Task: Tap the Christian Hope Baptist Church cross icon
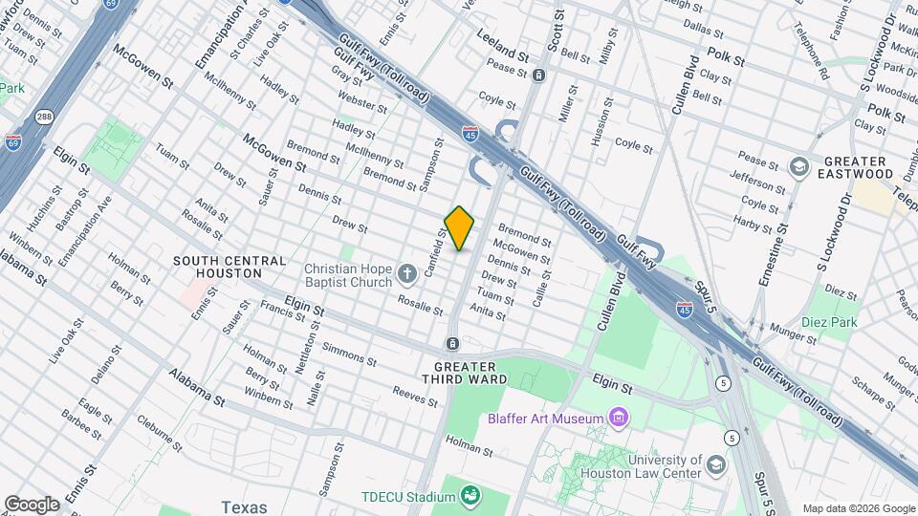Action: [407, 275]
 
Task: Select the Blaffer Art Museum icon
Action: [619, 418]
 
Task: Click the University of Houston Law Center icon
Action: [714, 465]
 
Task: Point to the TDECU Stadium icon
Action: [470, 495]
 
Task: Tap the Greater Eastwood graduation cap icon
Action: [798, 167]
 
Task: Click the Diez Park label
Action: [829, 322]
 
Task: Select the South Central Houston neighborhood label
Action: [229, 268]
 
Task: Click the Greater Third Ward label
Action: [465, 374]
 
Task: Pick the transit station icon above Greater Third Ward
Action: [452, 343]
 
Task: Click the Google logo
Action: [32, 504]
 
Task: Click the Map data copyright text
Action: [858, 508]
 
